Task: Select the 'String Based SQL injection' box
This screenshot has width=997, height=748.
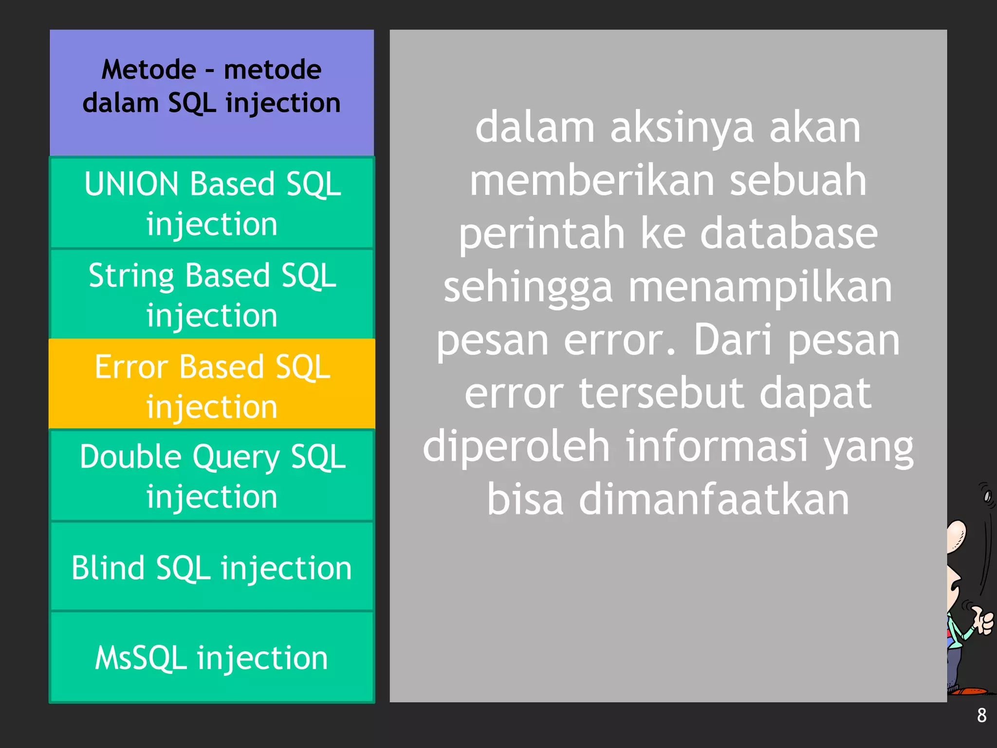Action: click(212, 294)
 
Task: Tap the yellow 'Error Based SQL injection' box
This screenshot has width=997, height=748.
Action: click(212, 385)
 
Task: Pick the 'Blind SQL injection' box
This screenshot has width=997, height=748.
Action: click(212, 567)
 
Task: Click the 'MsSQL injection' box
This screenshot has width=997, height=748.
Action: click(212, 657)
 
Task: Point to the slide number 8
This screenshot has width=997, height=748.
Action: click(981, 715)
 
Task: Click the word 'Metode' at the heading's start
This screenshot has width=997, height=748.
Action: click(149, 70)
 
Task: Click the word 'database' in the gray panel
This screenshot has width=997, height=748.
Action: click(789, 234)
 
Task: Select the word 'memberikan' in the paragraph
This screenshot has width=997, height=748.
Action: click(592, 180)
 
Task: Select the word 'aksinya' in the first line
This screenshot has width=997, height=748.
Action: click(682, 128)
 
